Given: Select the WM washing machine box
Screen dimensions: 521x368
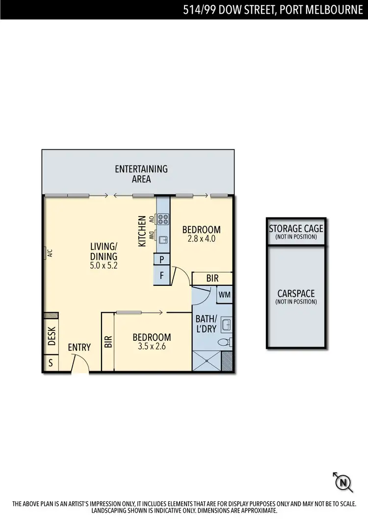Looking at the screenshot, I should [x=225, y=295].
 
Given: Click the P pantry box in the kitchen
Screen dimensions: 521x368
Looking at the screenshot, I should [x=162, y=259].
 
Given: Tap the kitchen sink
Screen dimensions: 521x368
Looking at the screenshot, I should [x=163, y=239].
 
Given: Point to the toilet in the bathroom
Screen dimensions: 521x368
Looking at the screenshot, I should [x=224, y=342].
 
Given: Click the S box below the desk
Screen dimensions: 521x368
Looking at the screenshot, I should [x=50, y=364].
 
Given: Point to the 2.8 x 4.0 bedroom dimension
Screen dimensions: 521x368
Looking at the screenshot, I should [x=201, y=239].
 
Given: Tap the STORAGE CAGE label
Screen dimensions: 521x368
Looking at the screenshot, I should [x=296, y=229].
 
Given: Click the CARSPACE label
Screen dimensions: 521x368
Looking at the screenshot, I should [x=296, y=294].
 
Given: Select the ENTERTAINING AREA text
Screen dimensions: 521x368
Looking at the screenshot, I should [x=141, y=174].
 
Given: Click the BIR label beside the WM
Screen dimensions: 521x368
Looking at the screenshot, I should [x=212, y=278].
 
